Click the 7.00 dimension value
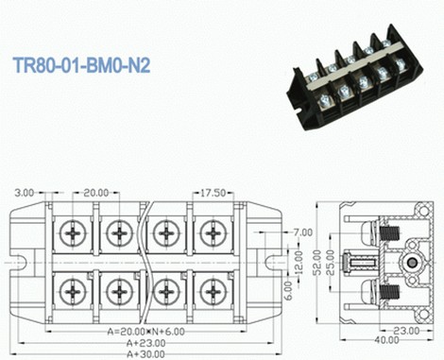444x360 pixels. (x=303, y=231)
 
